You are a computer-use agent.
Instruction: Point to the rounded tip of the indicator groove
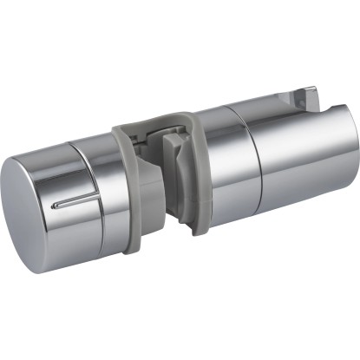[53, 206]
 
